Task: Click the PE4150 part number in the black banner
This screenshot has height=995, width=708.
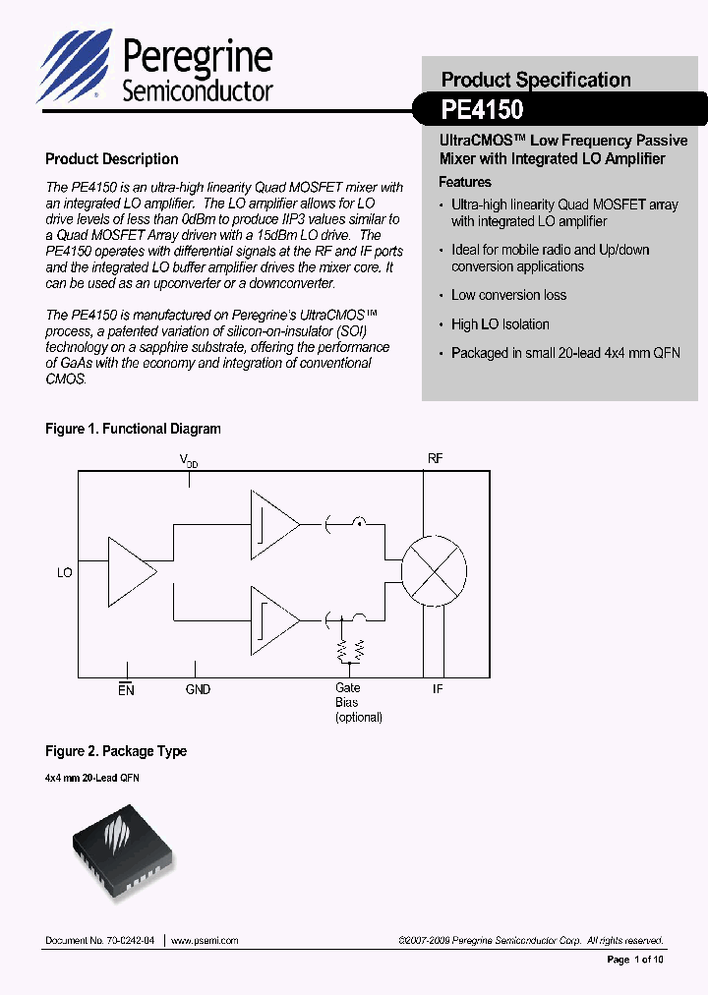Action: click(x=482, y=108)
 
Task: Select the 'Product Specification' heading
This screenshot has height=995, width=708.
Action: click(x=536, y=80)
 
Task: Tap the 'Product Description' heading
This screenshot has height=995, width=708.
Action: click(x=112, y=159)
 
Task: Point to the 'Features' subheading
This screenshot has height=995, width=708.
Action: click(x=465, y=182)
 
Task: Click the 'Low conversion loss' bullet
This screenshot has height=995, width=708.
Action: click(x=508, y=295)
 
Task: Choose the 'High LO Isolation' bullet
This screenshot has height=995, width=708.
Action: click(x=500, y=324)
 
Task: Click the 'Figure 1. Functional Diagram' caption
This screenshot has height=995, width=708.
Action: click(x=133, y=429)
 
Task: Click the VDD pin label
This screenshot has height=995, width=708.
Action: click(x=188, y=460)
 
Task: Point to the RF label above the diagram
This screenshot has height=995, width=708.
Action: click(x=436, y=459)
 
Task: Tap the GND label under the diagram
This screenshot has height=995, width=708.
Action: click(x=198, y=690)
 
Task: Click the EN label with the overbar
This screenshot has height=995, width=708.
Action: click(x=126, y=689)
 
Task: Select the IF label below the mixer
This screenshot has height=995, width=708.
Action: click(x=438, y=689)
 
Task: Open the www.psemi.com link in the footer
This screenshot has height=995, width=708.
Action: click(x=205, y=941)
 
